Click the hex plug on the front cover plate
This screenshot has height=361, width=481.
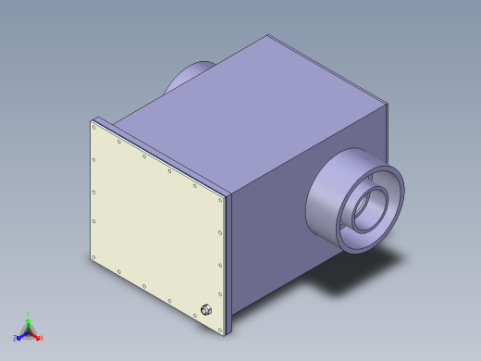tap(205, 309)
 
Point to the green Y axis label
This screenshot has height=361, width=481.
tap(29, 314)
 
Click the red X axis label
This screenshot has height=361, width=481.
tap(42, 338)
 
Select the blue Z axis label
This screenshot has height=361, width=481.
tap(15, 338)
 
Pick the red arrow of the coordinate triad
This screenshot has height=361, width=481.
tap(35, 334)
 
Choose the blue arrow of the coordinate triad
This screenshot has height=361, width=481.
tap(21, 334)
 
